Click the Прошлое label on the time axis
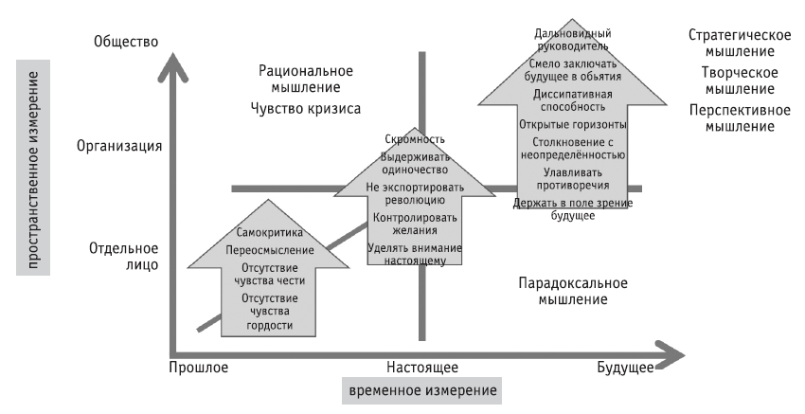199,368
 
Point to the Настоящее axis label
422,368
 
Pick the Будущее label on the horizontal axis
625,368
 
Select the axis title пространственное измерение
33,169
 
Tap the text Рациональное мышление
306,79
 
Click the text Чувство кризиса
306,108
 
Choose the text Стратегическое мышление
739,44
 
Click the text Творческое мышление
739,81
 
